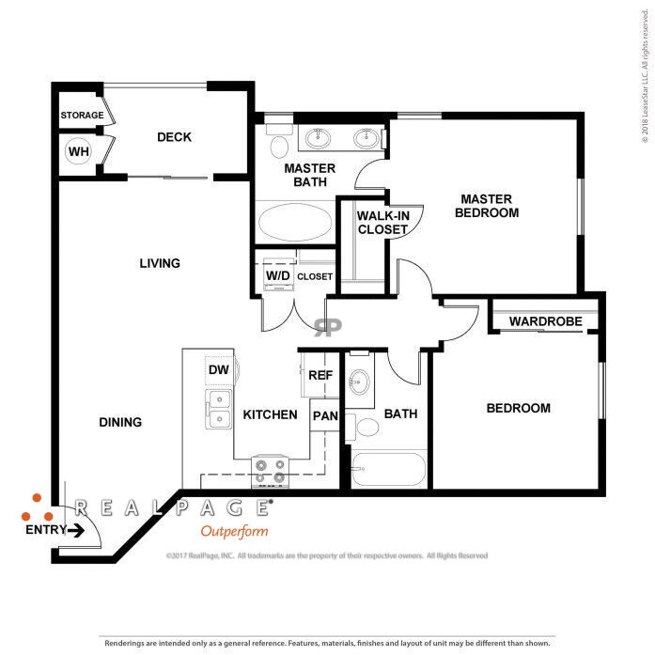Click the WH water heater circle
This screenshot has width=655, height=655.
coord(78,150)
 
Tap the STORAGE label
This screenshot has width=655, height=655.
coord(82,115)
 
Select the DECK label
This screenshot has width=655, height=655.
coord(174,137)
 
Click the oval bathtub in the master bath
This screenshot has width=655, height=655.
coord(295,222)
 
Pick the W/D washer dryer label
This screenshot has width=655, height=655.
coord(278,275)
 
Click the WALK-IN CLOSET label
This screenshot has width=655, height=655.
coord(383,223)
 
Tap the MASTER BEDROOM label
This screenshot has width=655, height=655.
coord(487,206)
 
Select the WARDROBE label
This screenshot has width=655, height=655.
coord(546,321)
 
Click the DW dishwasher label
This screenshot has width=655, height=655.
coord(218,369)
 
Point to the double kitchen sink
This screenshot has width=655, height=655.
coord(218,409)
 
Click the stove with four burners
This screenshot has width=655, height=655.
coord(270,472)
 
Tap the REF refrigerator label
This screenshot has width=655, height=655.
coord(320,375)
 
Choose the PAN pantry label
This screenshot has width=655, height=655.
coord(325,415)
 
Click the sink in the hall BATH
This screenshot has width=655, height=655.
coord(359,382)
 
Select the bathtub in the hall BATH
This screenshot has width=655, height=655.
coord(388,470)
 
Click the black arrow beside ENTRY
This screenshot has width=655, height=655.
coord(75,531)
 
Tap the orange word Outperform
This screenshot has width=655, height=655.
coord(234,532)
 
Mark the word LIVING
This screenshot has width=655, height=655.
coord(160,263)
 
